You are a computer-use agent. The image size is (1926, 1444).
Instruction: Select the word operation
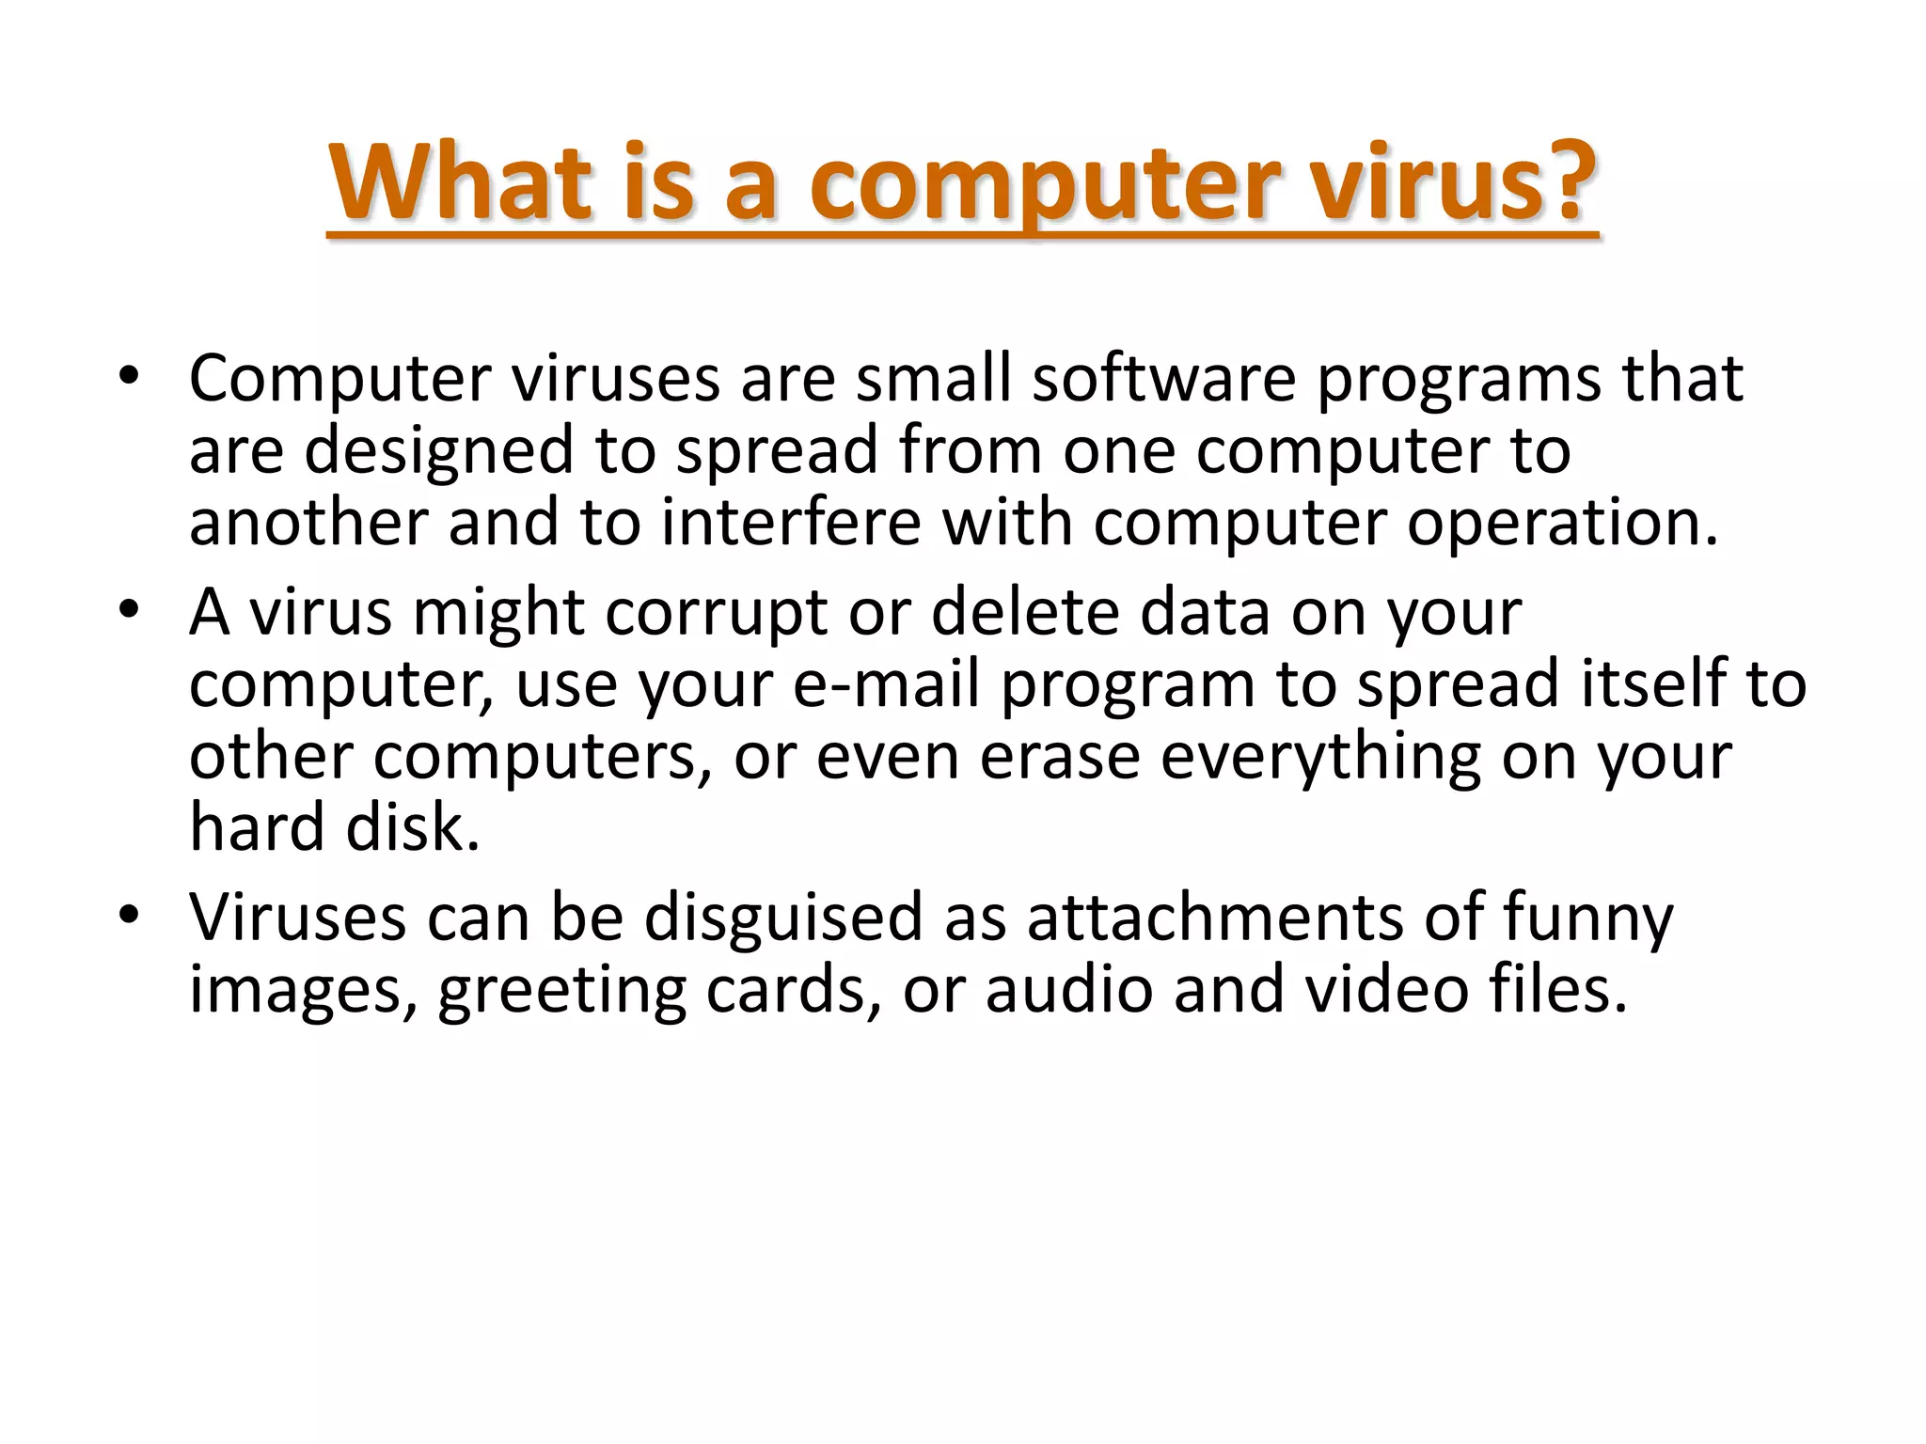(x=1562, y=524)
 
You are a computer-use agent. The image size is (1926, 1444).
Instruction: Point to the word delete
(x=1025, y=612)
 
